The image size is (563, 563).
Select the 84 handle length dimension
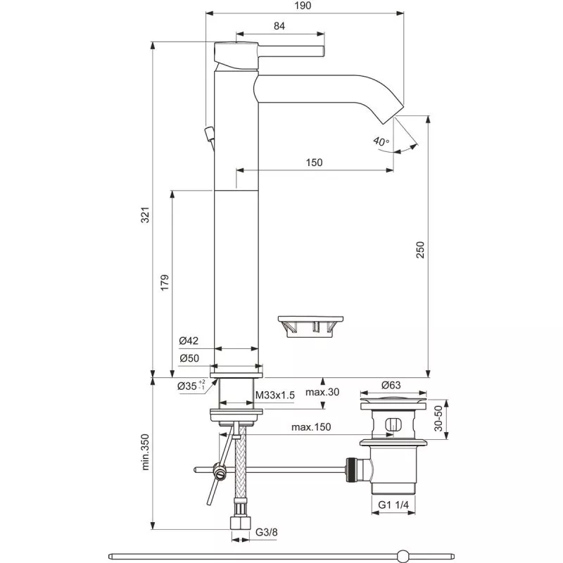point(279,26)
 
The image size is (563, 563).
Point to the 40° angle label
point(381,141)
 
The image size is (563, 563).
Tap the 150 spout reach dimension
point(314,163)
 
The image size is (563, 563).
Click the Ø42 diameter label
point(189,341)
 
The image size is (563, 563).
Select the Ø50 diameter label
point(189,358)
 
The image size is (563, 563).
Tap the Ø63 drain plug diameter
point(391,385)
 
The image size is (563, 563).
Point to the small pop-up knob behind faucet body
point(208,133)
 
